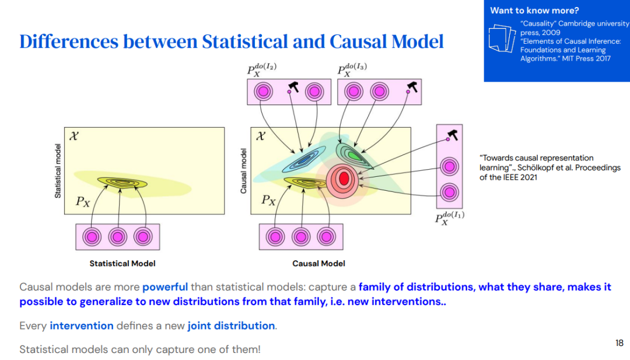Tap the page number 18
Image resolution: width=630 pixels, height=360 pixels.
click(619, 343)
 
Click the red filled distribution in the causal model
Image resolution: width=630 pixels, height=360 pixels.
click(343, 177)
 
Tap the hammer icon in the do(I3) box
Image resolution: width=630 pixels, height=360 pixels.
click(412, 87)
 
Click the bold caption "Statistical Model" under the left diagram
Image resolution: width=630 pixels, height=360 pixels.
click(123, 263)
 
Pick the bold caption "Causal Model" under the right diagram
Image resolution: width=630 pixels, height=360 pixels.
click(318, 263)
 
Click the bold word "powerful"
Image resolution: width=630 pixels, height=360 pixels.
click(165, 287)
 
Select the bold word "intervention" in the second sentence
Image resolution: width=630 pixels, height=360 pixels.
click(82, 326)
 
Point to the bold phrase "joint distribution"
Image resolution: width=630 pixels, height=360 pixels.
click(231, 326)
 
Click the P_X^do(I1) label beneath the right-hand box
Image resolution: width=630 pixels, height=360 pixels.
click(449, 219)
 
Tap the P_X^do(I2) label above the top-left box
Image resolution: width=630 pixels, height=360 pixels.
click(262, 70)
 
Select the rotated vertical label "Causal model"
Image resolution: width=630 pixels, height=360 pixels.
click(243, 170)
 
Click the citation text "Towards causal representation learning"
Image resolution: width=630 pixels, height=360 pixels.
click(537, 163)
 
